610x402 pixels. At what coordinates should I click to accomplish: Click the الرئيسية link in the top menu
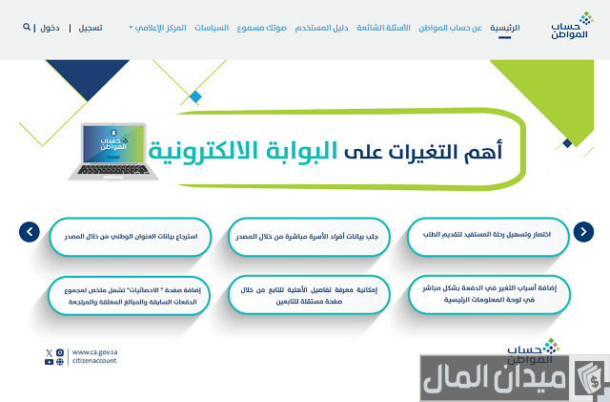pos(505,28)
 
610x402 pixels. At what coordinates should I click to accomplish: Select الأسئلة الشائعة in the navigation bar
pos(387,28)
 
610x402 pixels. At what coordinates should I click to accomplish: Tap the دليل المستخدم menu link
pos(325,28)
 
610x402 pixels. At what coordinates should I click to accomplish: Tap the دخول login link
pos(50,28)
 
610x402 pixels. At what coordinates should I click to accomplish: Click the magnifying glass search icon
pos(27,28)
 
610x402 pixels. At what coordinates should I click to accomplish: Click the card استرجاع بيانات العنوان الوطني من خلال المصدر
pos(130,235)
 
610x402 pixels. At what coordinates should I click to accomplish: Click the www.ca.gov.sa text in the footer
pos(95,351)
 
